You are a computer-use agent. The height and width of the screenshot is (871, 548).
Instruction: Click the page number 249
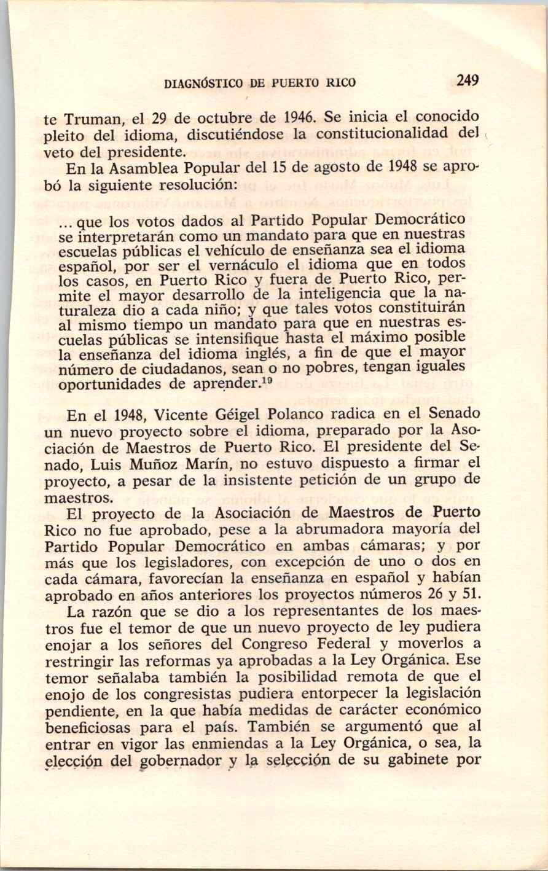pyautogui.click(x=468, y=80)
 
